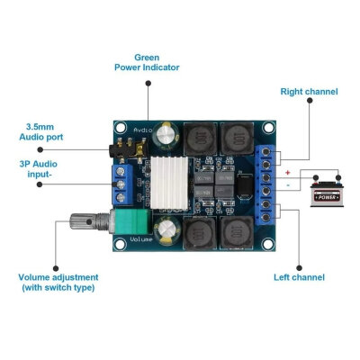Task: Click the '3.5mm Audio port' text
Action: tap(41, 132)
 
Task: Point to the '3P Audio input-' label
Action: tap(42, 169)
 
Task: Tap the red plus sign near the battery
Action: tap(286, 171)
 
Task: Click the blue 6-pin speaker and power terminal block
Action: tap(266, 184)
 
